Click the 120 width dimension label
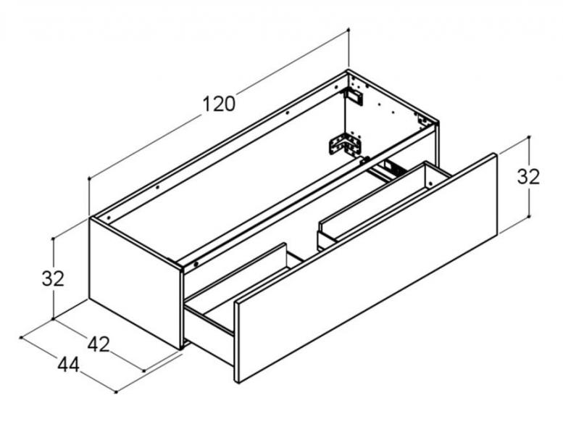pos(219,104)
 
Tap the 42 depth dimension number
pos(99,344)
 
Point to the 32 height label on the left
pos(53,278)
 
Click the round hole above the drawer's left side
pos(193,265)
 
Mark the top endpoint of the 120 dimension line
pos(349,30)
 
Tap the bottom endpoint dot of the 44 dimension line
pos(116,392)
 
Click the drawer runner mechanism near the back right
pos(391,168)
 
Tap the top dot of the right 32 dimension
pos(530,136)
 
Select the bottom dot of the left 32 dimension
pos(53,318)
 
